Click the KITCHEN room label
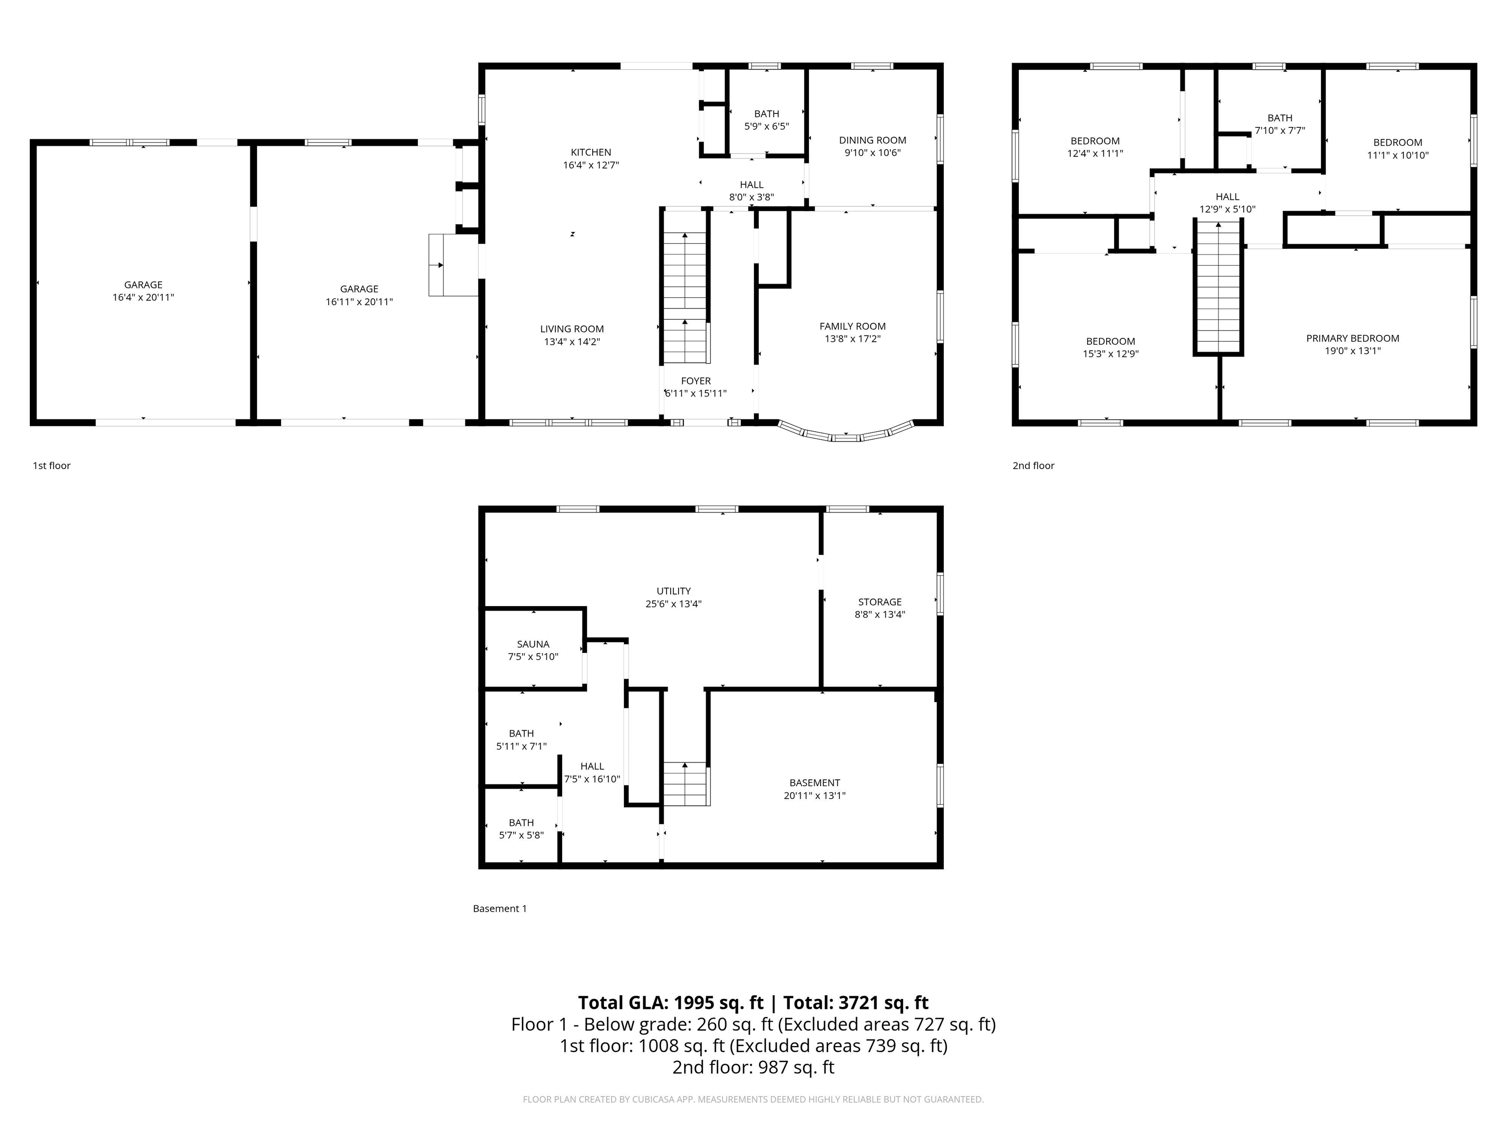[591, 152]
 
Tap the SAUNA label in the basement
[533, 643]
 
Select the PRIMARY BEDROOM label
[1352, 338]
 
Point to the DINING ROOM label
[872, 140]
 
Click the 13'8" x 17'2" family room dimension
[852, 338]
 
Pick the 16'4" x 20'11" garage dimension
[143, 297]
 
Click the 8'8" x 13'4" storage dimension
[880, 614]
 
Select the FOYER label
[696, 381]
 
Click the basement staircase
[687, 783]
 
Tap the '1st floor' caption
[52, 465]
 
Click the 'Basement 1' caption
[499, 908]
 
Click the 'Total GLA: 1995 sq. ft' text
[671, 1002]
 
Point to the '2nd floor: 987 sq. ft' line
[753, 1067]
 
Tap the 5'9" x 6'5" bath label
[766, 126]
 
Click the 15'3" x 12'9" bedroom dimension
[1111, 354]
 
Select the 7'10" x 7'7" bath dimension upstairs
[1279, 130]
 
